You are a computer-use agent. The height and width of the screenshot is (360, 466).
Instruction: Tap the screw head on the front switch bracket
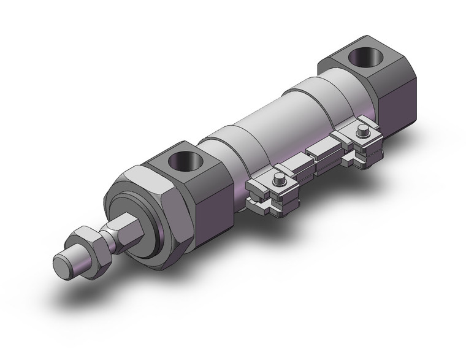pos(279,179)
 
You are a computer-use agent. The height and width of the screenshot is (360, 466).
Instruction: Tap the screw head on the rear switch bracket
pos(362,131)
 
